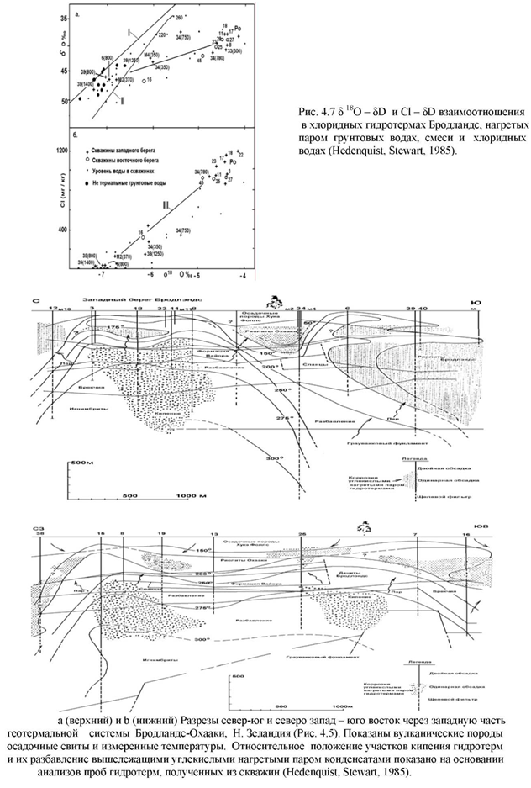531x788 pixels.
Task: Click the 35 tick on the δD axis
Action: [x=66, y=18]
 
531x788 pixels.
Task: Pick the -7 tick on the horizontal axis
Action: [x=103, y=274]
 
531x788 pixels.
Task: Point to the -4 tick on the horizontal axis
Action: [x=243, y=274]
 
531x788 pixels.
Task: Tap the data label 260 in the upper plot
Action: [x=178, y=17]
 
